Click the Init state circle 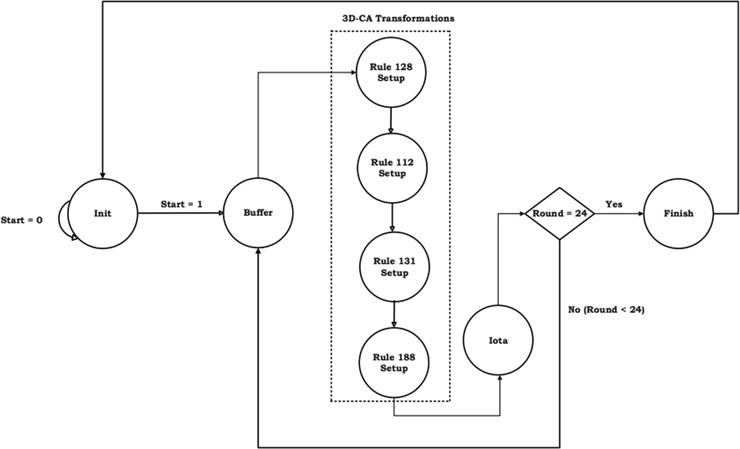pos(102,213)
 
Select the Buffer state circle pos(258,213)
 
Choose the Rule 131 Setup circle pos(395,267)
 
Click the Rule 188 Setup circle pos(394,364)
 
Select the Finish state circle pos(679,213)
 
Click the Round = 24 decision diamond pos(559,213)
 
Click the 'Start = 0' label pos(22,219)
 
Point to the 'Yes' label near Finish pos(614,204)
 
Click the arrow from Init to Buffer pos(180,214)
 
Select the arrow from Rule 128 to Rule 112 pos(390,120)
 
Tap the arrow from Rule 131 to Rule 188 pos(394,315)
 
